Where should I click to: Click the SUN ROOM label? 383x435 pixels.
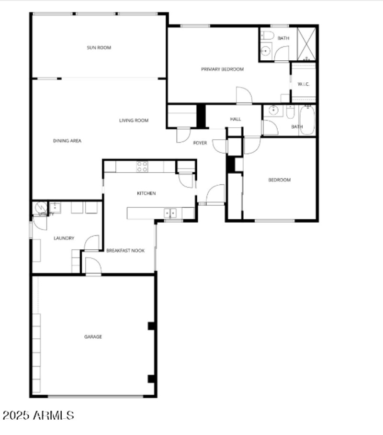(99, 47)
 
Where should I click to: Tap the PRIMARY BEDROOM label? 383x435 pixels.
(222, 69)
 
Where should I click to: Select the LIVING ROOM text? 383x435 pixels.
(134, 121)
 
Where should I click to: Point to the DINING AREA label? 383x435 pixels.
(67, 141)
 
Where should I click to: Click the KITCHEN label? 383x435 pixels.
(146, 193)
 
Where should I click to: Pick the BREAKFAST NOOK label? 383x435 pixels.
(125, 250)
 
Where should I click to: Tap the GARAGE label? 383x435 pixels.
(93, 337)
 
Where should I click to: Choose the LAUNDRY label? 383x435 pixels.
(64, 238)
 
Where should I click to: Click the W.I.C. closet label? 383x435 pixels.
(304, 84)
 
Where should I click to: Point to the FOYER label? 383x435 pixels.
(200, 143)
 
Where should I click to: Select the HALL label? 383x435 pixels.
(236, 119)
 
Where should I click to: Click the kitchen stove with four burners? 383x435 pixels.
(142, 167)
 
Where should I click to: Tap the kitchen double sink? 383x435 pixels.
(170, 212)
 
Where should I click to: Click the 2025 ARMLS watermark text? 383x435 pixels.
(38, 415)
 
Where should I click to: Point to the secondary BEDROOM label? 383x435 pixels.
(279, 180)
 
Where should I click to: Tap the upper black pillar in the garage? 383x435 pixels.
(151, 326)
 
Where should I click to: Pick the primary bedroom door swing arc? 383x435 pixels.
(243, 95)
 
